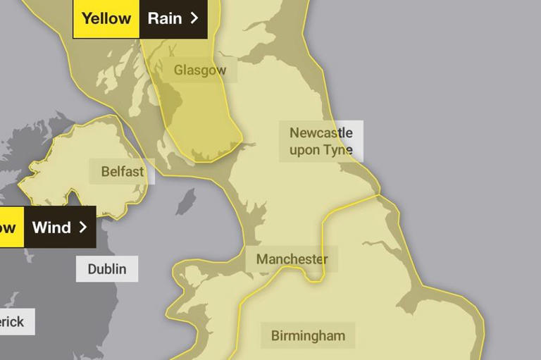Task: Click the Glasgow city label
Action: pyautogui.click(x=200, y=70)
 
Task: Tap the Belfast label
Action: pyautogui.click(x=122, y=171)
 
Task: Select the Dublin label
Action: pyautogui.click(x=107, y=268)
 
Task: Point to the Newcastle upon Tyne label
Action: pyautogui.click(x=321, y=141)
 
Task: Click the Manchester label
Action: pyautogui.click(x=292, y=259)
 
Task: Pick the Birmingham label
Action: pyautogui.click(x=309, y=335)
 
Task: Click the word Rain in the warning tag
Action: pyautogui.click(x=165, y=18)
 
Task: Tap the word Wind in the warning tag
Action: pyautogui.click(x=51, y=227)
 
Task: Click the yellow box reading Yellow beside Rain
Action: pyautogui.click(x=106, y=18)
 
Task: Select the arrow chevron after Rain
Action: pyautogui.click(x=194, y=18)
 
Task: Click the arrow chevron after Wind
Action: pyautogui.click(x=82, y=227)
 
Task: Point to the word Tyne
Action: pyautogui.click(x=337, y=149)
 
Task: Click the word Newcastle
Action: pyautogui.click(x=321, y=132)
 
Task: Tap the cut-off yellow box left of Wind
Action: pyautogui.click(x=11, y=227)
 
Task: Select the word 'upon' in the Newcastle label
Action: pyautogui.click(x=304, y=150)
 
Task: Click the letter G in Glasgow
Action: pyautogui.click(x=179, y=70)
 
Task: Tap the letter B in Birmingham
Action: pyautogui.click(x=275, y=335)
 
